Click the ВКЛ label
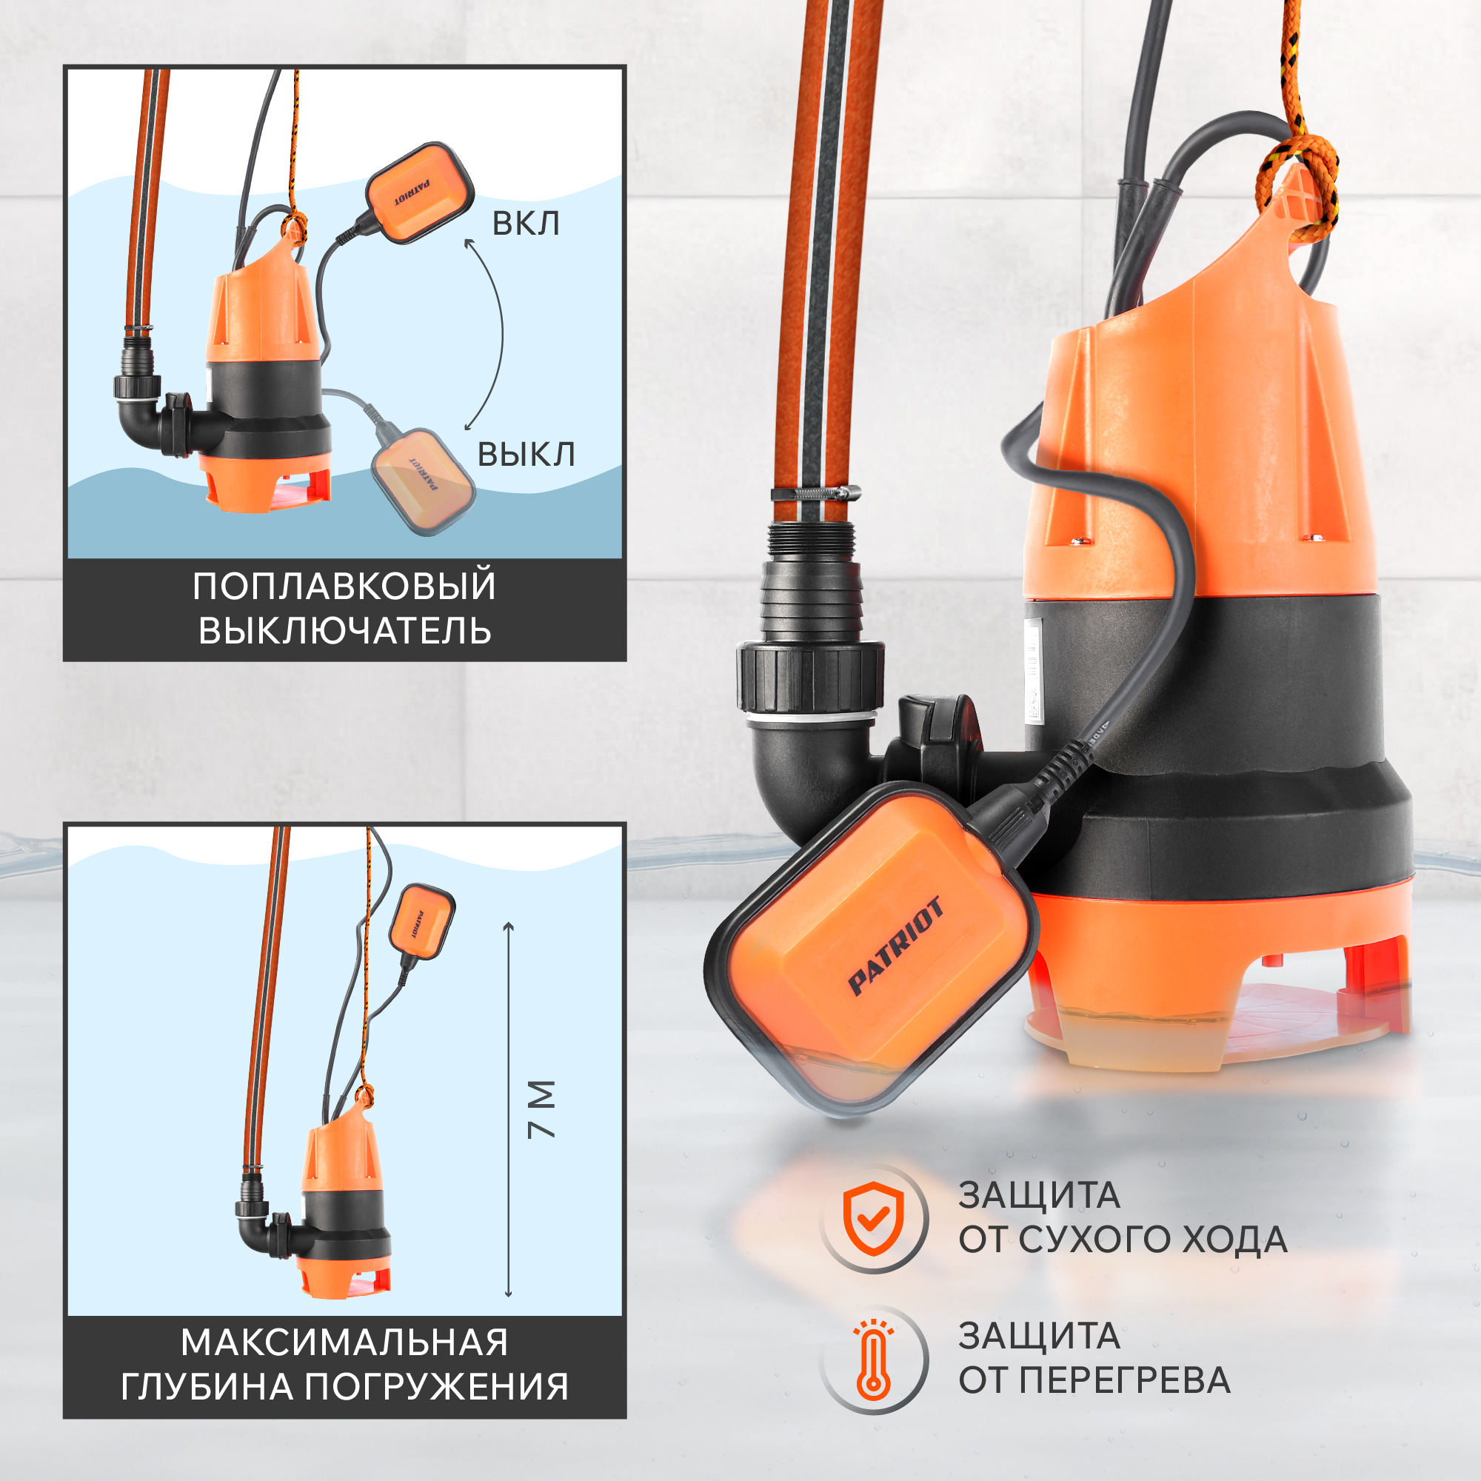[x=525, y=224]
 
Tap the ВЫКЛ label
[x=526, y=455]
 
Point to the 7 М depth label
[x=541, y=1109]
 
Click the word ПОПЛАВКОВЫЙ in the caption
[x=344, y=587]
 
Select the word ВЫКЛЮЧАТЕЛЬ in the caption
[x=344, y=632]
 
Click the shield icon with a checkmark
[x=873, y=1219]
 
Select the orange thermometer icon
[x=873, y=1357]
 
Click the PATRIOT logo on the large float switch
[x=895, y=946]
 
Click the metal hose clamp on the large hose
[x=815, y=493]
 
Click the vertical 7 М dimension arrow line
[x=508, y=1110]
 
